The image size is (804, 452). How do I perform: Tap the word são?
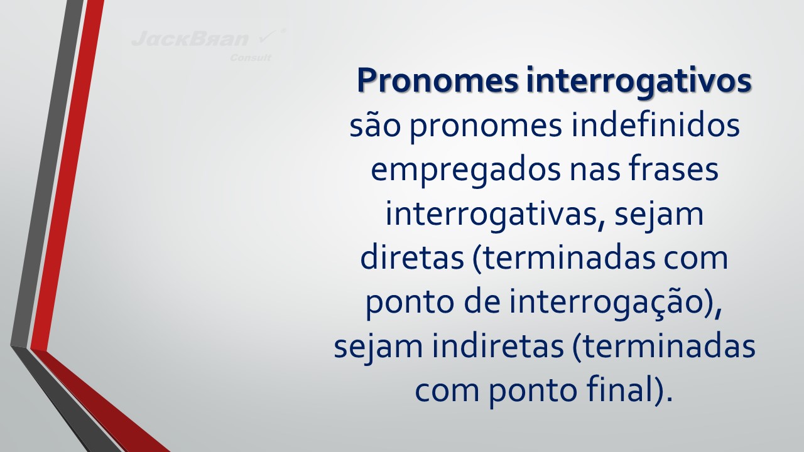pyautogui.click(x=375, y=126)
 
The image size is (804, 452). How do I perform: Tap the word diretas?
pyautogui.click(x=412, y=257)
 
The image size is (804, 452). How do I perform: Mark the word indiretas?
pyautogui.click(x=497, y=346)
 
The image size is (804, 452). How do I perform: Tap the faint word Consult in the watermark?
pyautogui.click(x=251, y=58)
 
